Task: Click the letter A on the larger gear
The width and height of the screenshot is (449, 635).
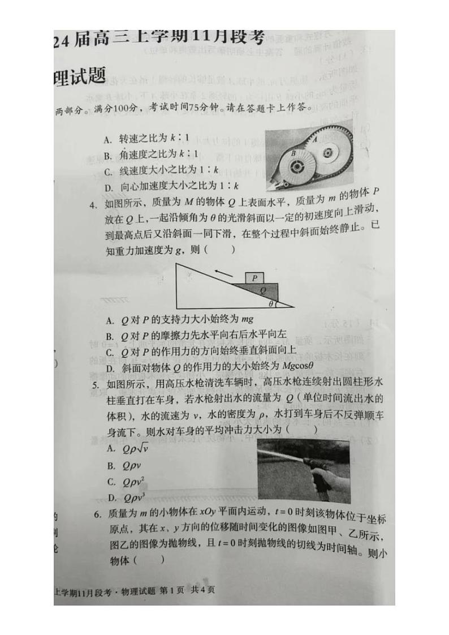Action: pyautogui.click(x=315, y=139)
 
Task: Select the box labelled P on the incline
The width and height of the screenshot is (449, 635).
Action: pyautogui.click(x=255, y=278)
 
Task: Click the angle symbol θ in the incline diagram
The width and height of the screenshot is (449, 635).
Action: pyautogui.click(x=271, y=303)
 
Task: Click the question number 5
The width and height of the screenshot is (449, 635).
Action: pyautogui.click(x=94, y=385)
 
